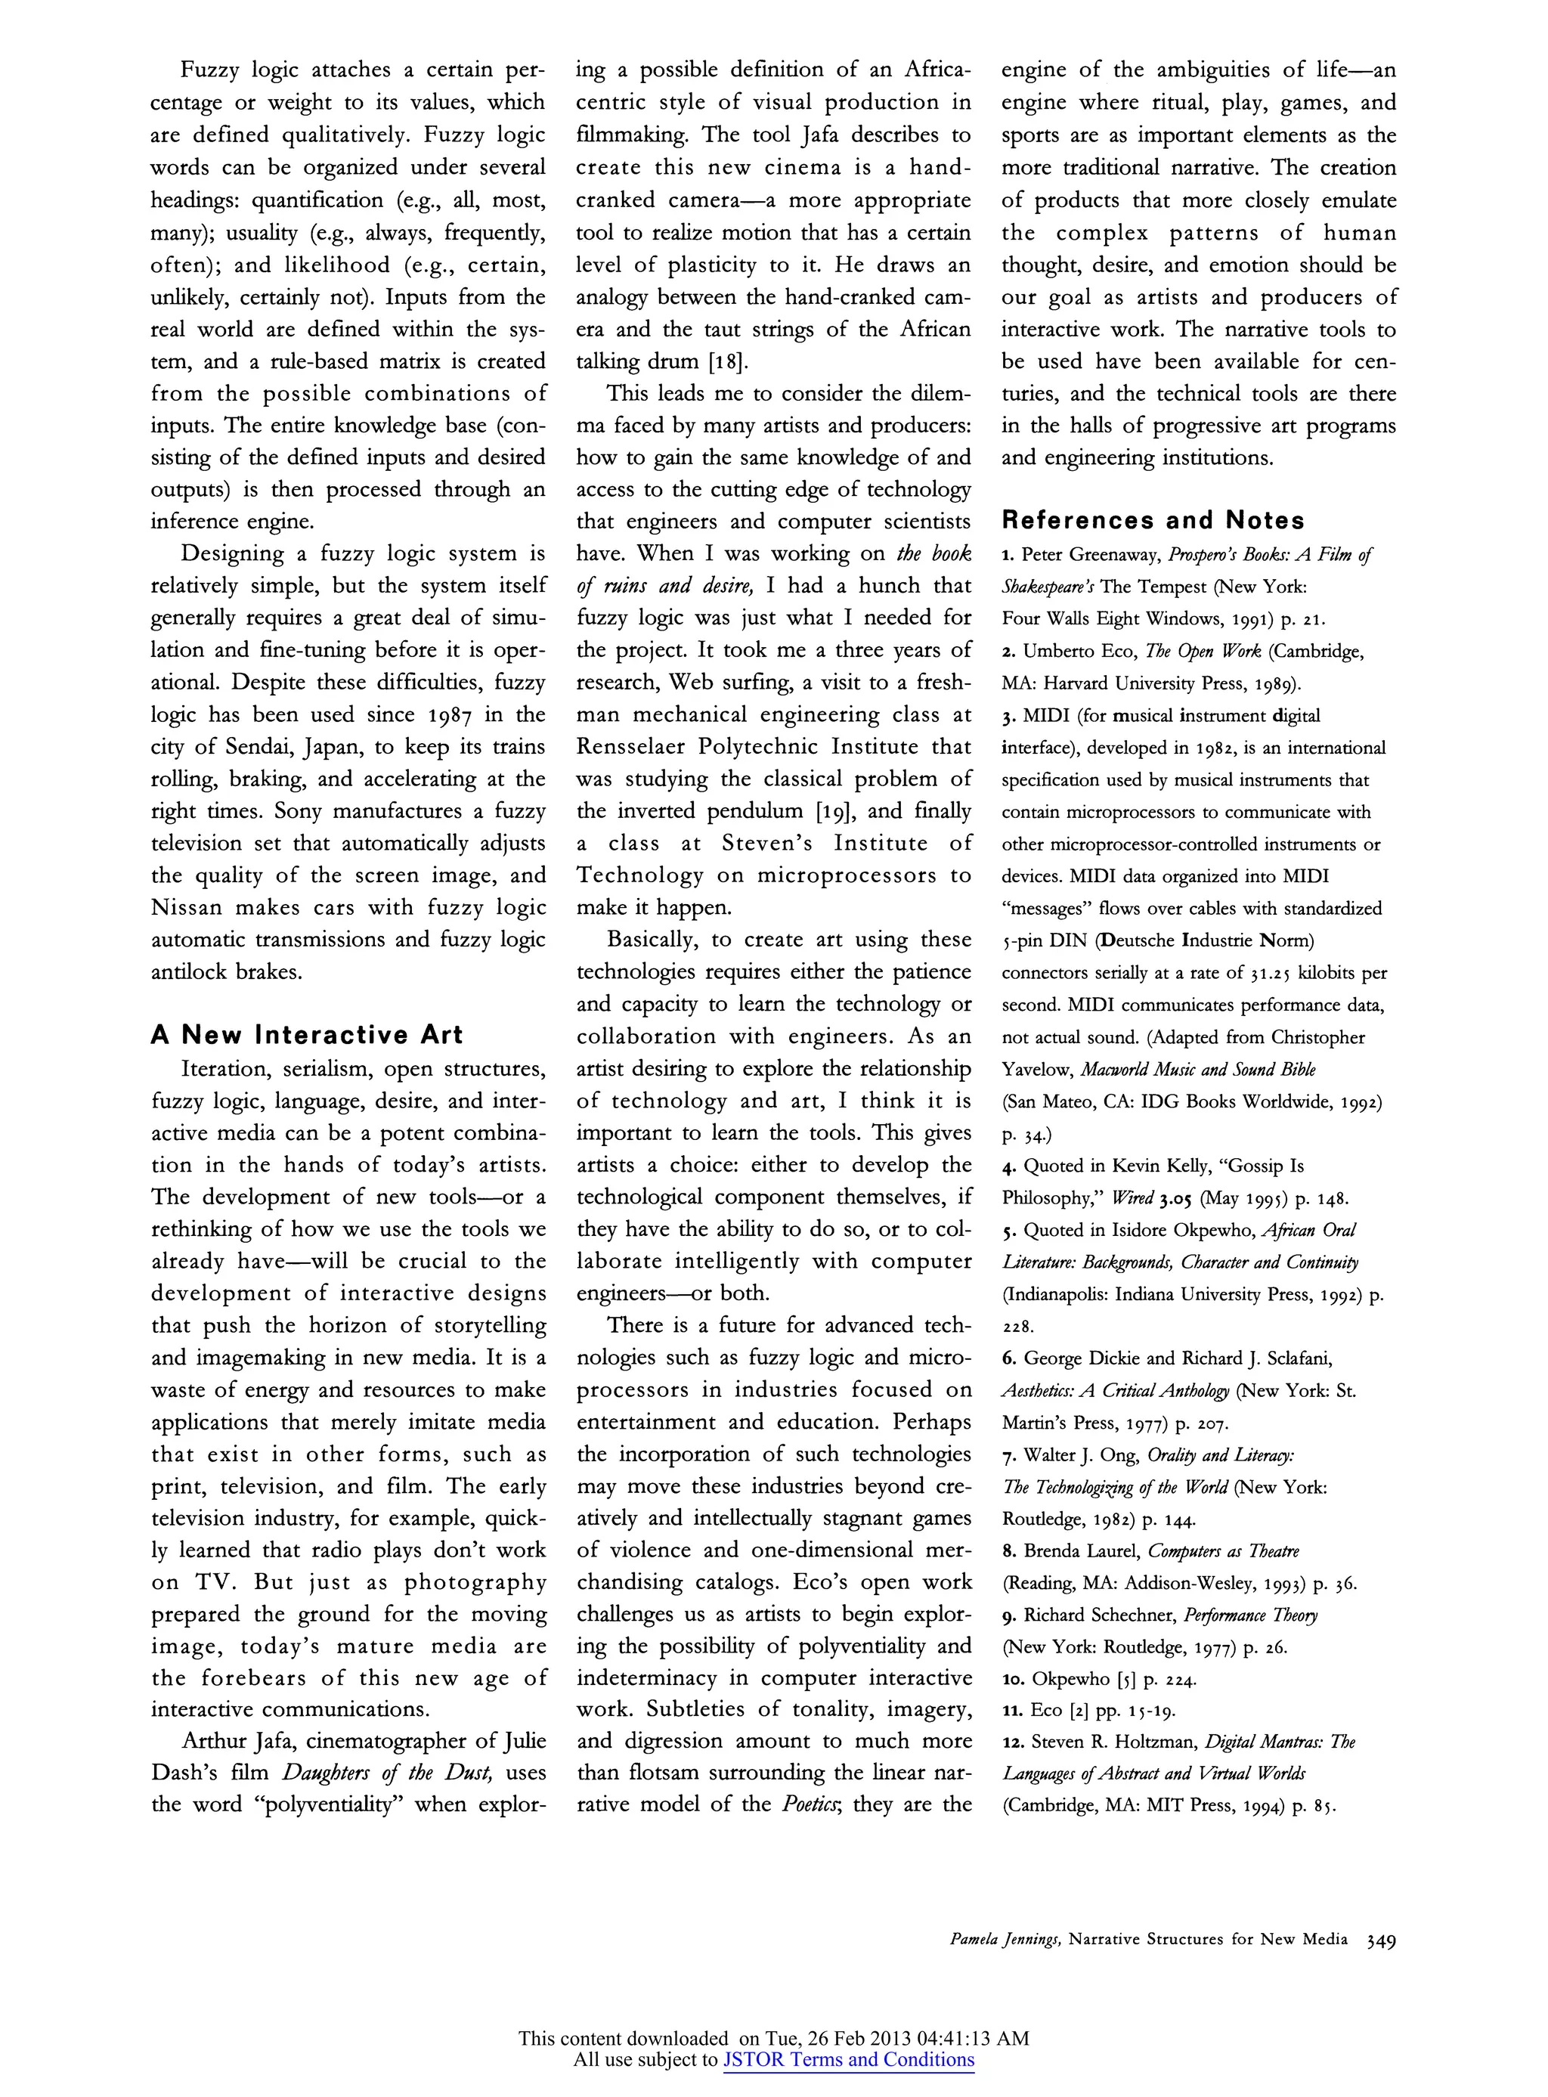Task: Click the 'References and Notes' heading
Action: (x=1153, y=520)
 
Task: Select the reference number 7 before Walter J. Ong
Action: (x=1008, y=1455)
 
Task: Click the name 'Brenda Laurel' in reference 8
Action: (x=1082, y=1550)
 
